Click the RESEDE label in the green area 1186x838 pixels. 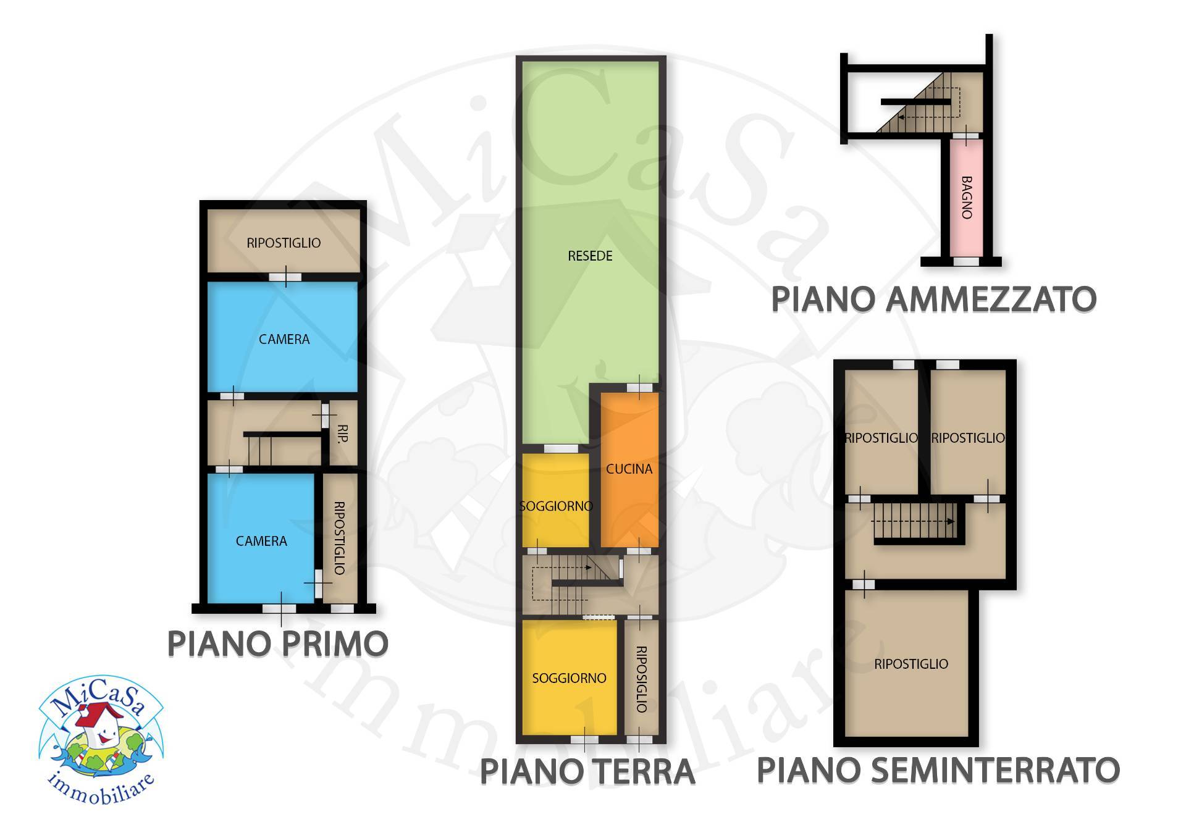click(590, 256)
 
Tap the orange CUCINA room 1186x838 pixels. click(629, 469)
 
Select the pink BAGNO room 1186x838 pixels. click(966, 198)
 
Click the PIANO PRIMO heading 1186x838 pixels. click(278, 644)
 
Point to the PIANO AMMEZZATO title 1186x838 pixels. click(933, 300)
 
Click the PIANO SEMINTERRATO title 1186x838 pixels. click(938, 770)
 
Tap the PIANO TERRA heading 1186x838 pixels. click(587, 772)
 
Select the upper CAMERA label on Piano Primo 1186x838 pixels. click(284, 339)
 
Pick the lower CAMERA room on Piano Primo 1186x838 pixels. click(261, 541)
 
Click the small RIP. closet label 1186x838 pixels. click(343, 433)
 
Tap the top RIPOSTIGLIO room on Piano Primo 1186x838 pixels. click(284, 243)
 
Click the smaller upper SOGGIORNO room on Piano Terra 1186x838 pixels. click(556, 506)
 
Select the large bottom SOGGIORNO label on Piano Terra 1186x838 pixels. click(569, 678)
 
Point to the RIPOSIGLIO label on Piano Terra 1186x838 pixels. click(641, 679)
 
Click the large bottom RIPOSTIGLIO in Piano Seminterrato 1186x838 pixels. click(911, 664)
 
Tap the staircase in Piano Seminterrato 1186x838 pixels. click(914, 521)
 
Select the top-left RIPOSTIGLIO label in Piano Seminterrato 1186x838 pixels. click(881, 438)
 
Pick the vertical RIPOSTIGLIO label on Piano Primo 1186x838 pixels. click(339, 538)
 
